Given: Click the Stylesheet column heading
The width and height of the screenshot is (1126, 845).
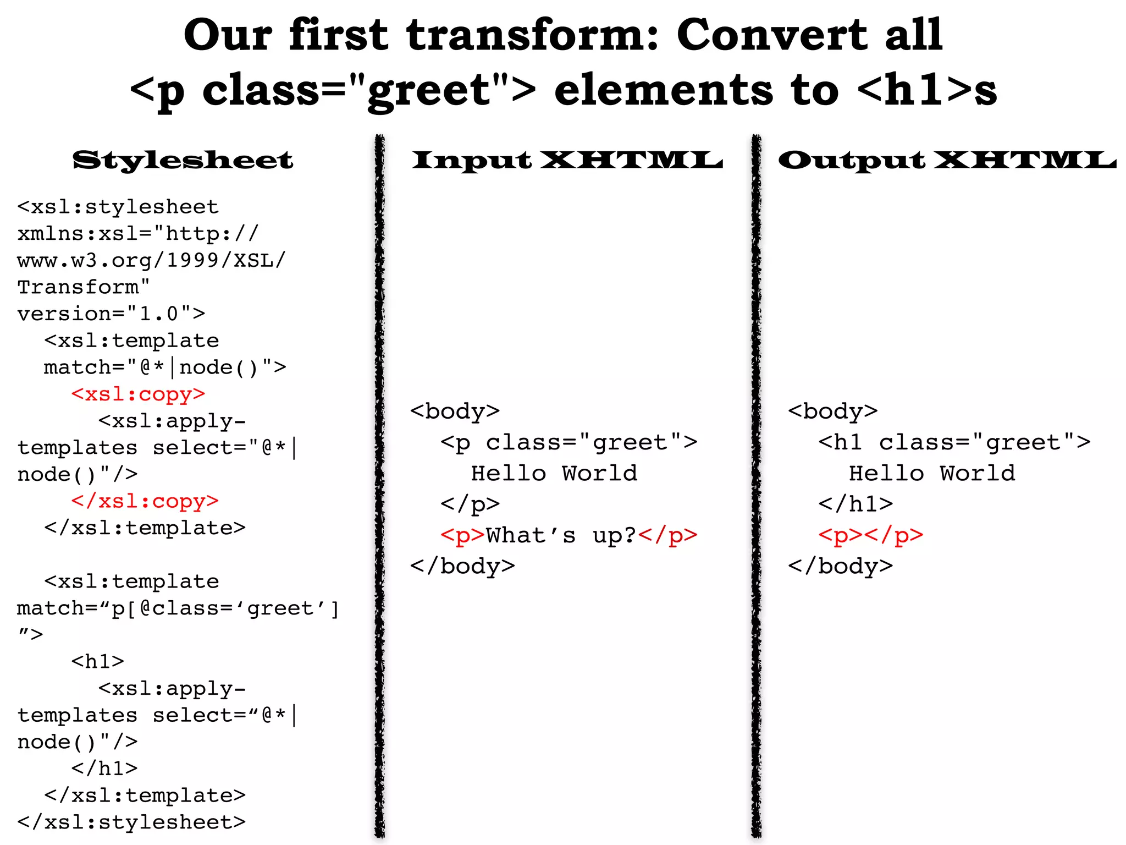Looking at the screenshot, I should (183, 161).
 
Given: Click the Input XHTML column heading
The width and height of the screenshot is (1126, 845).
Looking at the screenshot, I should (567, 161).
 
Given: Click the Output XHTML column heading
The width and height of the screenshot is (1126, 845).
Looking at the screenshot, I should (947, 161).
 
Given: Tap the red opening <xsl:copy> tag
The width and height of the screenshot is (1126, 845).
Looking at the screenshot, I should (138, 394).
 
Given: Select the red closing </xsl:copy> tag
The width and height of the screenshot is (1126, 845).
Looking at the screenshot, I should (145, 501).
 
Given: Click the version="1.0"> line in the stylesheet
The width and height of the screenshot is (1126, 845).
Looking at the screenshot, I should (111, 314).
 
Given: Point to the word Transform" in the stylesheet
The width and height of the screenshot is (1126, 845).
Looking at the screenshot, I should (84, 287).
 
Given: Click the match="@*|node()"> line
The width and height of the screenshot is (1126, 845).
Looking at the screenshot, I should (165, 367).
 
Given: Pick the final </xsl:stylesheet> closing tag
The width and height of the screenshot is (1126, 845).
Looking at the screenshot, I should (131, 822).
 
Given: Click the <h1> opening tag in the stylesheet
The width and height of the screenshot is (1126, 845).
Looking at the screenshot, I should (98, 661).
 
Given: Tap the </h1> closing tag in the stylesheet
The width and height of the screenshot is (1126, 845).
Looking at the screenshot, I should (104, 769).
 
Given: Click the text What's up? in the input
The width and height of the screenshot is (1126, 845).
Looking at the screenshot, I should (561, 535).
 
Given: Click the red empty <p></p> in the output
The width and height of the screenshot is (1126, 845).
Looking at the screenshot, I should (870, 535).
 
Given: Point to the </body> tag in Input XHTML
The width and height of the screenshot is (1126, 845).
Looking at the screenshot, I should (462, 566).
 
